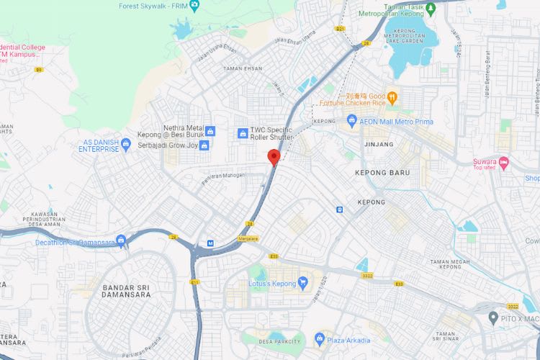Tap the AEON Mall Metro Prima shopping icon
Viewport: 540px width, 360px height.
click(x=352, y=120)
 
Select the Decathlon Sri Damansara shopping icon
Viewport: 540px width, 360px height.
click(x=120, y=240)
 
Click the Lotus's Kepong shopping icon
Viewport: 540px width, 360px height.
click(x=303, y=283)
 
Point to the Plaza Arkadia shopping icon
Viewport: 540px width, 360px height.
click(x=320, y=339)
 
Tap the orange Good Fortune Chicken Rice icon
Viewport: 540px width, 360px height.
click(x=392, y=96)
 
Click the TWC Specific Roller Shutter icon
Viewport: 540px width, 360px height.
click(x=243, y=133)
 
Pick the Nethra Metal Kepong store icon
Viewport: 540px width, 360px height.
click(x=210, y=131)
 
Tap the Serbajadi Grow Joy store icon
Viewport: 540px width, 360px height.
click(x=204, y=145)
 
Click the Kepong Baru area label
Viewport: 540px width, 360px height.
click(x=382, y=173)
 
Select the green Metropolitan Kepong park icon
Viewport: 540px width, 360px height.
click(x=431, y=9)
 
